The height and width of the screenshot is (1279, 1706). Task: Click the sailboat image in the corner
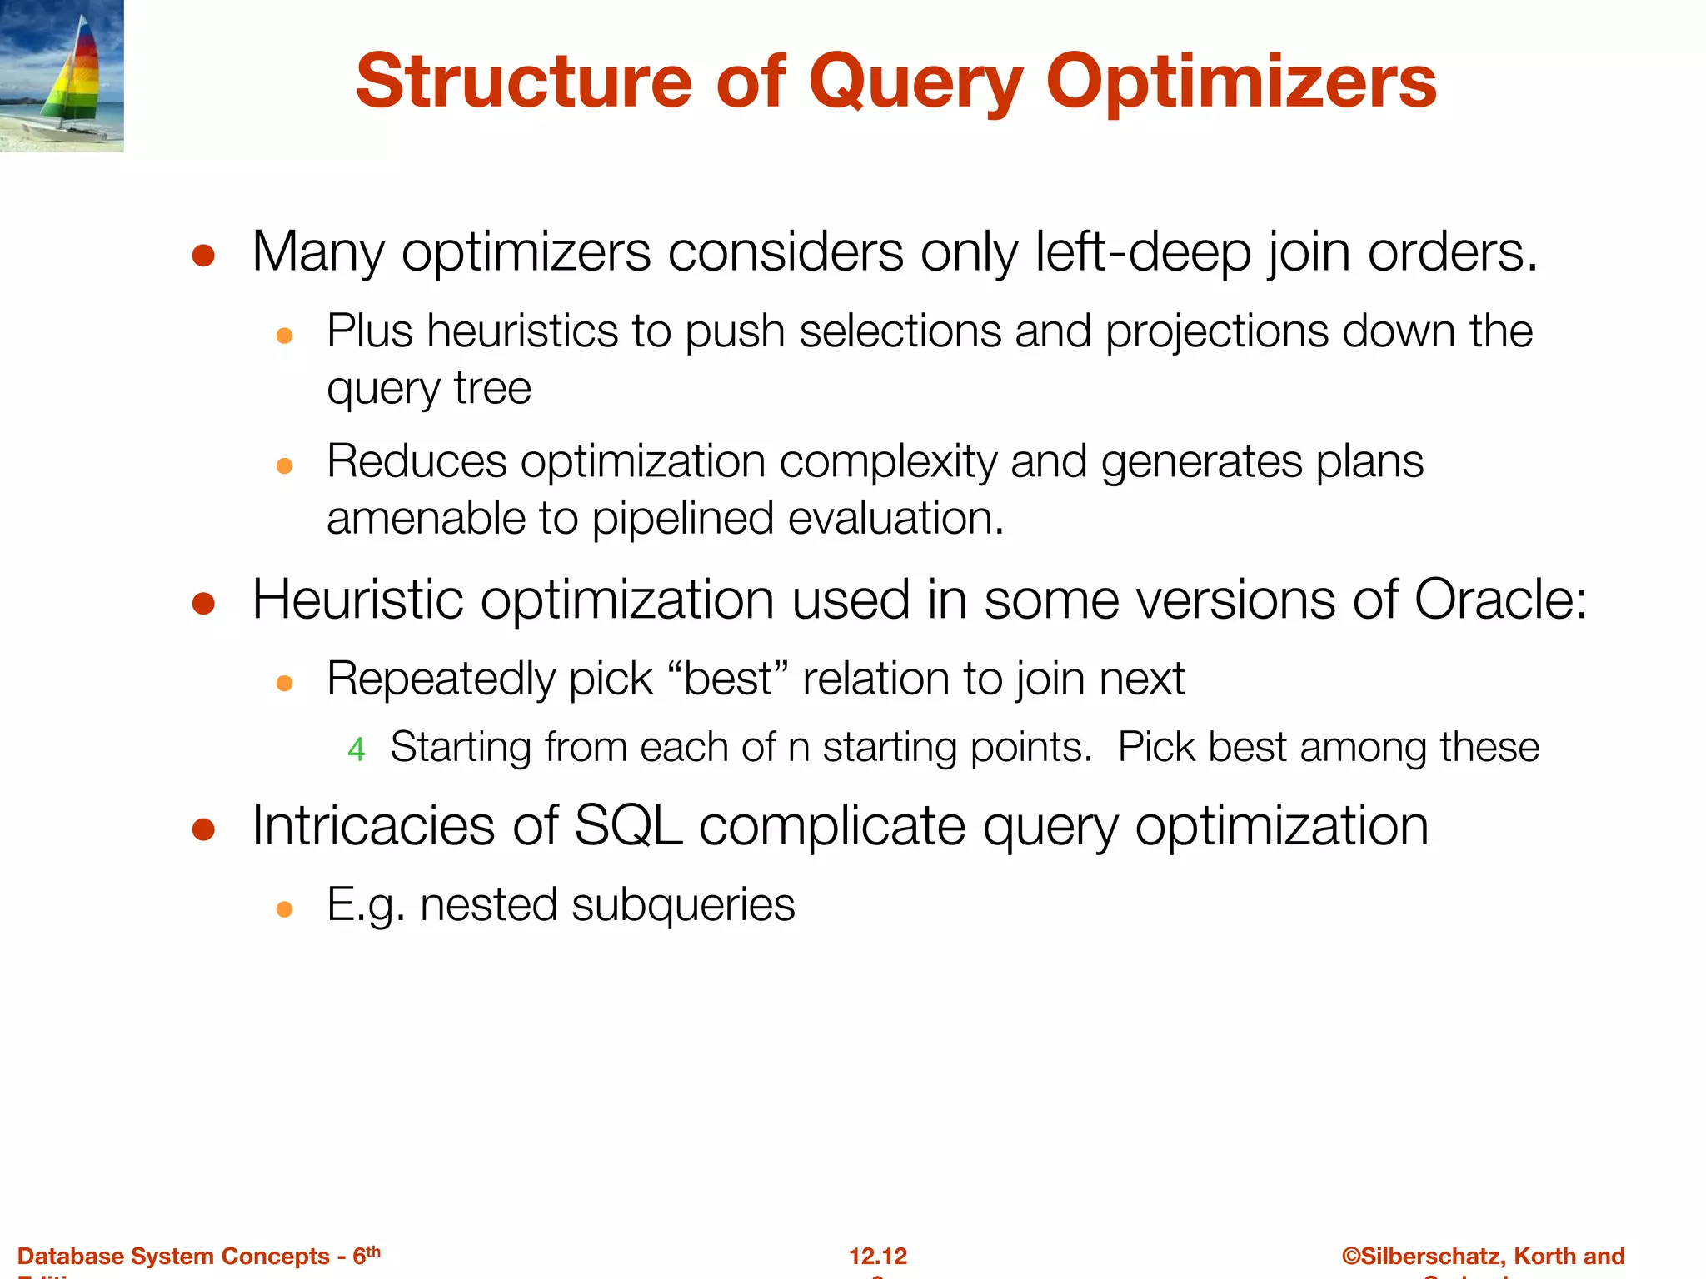(x=62, y=76)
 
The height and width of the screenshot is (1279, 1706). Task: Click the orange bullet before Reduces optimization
(x=284, y=465)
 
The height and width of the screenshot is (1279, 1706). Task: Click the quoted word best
(x=727, y=679)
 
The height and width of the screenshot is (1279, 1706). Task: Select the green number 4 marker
(x=357, y=749)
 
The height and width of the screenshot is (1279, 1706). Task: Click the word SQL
(x=628, y=826)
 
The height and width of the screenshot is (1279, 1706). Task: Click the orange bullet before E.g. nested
(x=284, y=909)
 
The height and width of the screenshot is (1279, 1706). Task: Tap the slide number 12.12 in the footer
(x=877, y=1256)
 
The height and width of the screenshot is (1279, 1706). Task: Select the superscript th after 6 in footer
(x=373, y=1251)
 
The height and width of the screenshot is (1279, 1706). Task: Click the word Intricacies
(x=373, y=826)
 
